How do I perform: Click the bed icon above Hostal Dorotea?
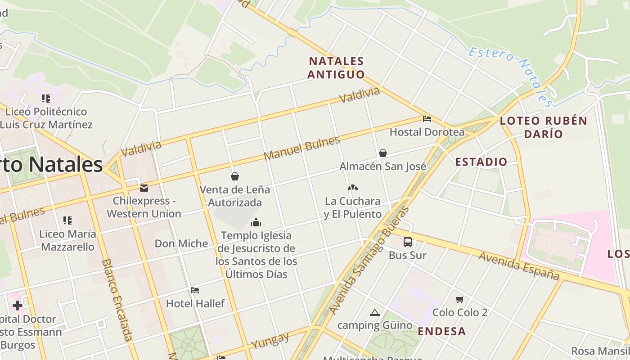427,119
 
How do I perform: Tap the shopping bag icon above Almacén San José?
382,153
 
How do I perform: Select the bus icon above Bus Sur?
407,242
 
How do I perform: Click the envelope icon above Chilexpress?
144,188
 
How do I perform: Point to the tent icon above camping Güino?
374,312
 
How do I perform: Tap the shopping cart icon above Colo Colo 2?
459,299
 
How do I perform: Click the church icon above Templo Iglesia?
256,222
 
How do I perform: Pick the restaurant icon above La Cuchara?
352,188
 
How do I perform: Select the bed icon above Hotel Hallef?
195,290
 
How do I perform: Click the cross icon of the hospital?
18,306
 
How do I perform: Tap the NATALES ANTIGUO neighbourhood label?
336,67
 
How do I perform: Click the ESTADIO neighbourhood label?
481,162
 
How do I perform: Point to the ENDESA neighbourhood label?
441,332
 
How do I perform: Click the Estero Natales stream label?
511,76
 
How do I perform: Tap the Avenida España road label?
518,265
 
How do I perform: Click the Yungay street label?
270,341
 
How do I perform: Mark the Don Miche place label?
181,243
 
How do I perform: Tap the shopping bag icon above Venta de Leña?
234,176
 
